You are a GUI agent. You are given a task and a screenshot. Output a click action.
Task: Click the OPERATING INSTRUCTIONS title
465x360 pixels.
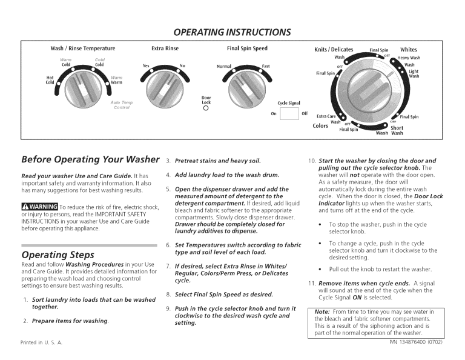[232, 32]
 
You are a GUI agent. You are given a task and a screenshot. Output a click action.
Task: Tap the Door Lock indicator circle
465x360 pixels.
[206, 110]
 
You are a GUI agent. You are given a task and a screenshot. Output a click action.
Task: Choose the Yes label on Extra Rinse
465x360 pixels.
[145, 65]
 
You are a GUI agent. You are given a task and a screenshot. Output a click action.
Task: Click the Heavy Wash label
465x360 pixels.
[409, 58]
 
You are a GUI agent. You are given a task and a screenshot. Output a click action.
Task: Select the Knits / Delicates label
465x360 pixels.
[334, 49]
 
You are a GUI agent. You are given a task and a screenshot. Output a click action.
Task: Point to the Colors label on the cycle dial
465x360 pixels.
[320, 125]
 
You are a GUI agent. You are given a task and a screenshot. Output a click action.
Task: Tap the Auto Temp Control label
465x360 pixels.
[122, 105]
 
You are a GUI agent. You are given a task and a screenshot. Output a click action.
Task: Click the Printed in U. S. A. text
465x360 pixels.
[42, 342]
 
